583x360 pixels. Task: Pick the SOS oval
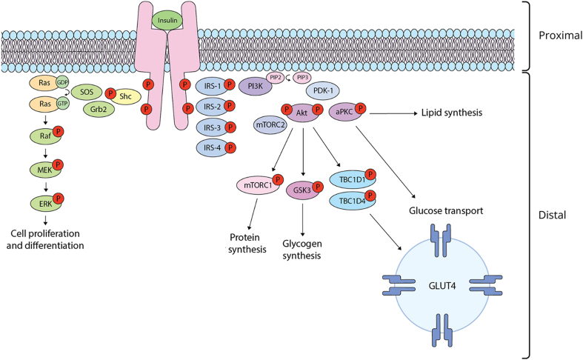87,92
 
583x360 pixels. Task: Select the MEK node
42,170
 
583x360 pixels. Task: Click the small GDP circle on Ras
63,84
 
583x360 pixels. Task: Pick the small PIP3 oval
302,77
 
